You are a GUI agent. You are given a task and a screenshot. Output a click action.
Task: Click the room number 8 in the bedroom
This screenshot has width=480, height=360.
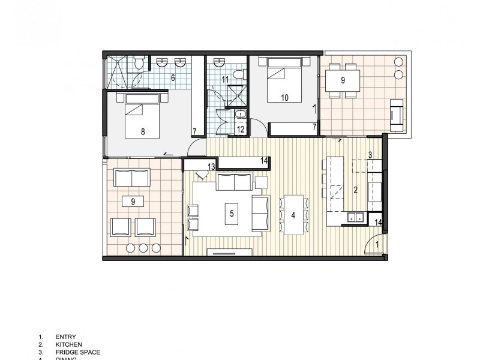coord(143,132)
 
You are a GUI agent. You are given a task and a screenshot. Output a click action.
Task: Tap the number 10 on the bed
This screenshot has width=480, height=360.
coord(284,97)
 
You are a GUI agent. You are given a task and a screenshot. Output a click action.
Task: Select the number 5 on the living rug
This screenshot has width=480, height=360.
coord(231,212)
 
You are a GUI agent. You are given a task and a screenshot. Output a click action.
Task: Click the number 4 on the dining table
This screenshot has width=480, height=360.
coord(293,214)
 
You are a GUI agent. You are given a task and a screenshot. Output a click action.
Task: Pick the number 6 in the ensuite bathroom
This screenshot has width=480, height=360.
coord(173,77)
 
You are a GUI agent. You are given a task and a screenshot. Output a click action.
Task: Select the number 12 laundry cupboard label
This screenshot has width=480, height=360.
coord(239,129)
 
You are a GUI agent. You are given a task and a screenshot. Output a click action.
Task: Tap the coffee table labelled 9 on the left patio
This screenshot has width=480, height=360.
coord(133,201)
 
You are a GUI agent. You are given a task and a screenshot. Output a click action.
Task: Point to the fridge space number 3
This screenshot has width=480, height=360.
coord(371,155)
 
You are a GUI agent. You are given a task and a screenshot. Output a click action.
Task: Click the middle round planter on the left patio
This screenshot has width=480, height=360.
coord(143,248)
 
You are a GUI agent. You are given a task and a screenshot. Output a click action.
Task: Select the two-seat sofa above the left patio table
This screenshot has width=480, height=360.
coord(133,178)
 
